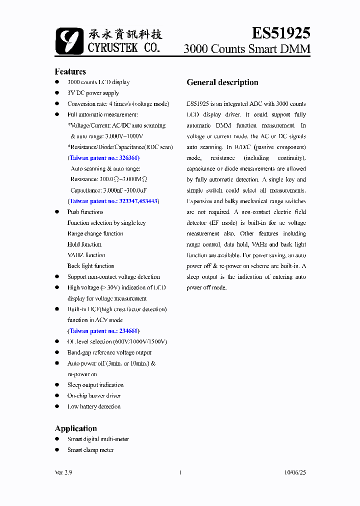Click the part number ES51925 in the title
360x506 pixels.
coord(280,33)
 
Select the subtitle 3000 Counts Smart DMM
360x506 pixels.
coord(247,49)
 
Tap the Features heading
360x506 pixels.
coord(70,71)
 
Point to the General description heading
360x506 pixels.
coord(222,82)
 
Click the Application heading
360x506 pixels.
coord(75,428)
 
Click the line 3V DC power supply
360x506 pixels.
coord(93,93)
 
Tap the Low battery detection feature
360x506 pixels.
coord(94,406)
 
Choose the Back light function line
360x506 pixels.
coord(90,266)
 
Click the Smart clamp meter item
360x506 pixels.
coord(90,450)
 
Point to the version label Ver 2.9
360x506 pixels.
coord(63,472)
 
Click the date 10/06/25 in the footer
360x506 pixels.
coord(294,472)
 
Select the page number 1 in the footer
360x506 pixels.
coord(179,472)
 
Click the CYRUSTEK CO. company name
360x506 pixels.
coord(123,48)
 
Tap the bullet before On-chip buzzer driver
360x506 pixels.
coord(57,396)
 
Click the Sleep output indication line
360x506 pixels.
coord(95,385)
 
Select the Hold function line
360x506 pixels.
coord(84,244)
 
